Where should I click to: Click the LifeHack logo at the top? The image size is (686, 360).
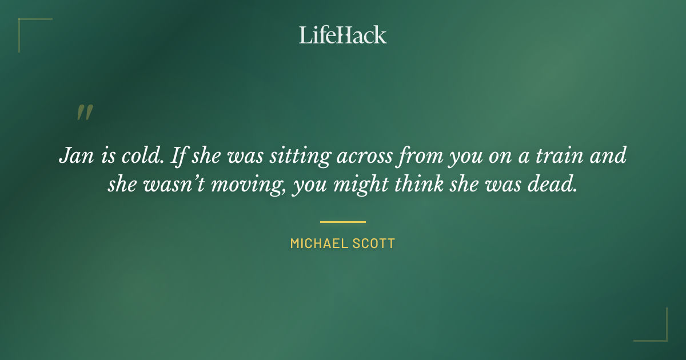(343, 35)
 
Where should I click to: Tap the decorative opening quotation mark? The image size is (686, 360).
(84, 113)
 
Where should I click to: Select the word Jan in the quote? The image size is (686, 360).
(73, 156)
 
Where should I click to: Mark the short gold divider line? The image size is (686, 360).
(343, 222)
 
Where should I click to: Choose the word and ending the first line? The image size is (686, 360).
(611, 156)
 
